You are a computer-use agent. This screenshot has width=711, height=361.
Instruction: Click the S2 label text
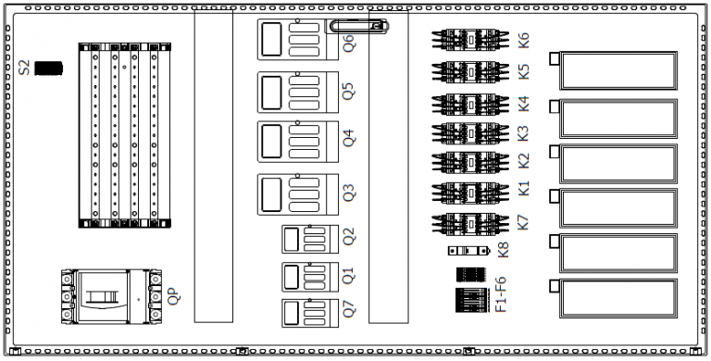coord(25,68)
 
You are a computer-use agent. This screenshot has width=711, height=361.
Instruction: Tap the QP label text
coord(172,297)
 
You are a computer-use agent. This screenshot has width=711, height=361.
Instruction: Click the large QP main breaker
coord(108,297)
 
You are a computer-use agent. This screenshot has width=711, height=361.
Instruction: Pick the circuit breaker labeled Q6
coord(291,41)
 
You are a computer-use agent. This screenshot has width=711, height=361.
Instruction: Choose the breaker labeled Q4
coord(291,143)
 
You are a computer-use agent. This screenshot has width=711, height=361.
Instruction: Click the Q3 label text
coord(349,193)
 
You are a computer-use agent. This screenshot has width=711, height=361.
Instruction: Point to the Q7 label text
coord(349,311)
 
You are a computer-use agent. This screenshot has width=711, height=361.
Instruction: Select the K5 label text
coord(524,70)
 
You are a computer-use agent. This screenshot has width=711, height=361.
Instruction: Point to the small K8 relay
coord(466,250)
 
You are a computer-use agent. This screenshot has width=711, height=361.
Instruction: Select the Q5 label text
coord(349,92)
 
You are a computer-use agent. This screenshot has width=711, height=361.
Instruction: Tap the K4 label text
coord(524,102)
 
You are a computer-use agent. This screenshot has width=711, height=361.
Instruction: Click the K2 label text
coord(524,161)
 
